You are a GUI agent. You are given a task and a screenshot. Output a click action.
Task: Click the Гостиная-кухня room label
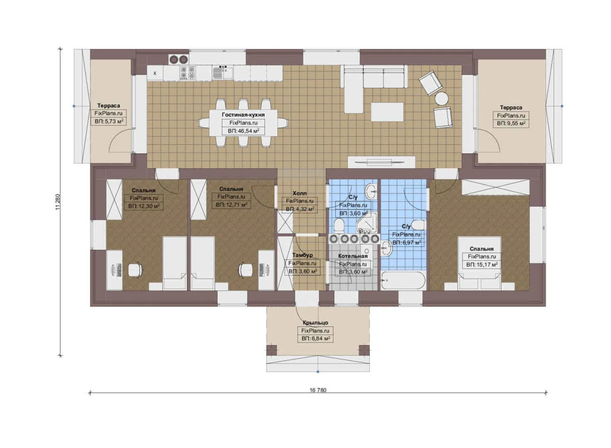pos(243,115)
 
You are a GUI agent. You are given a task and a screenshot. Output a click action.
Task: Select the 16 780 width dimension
pos(318,390)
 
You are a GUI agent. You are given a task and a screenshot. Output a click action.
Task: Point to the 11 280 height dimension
pos(58,202)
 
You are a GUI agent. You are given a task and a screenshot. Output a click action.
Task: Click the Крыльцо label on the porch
pos(315,323)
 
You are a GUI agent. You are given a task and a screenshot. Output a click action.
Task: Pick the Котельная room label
pos(353,256)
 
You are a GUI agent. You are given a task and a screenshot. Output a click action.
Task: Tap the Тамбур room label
pos(303,255)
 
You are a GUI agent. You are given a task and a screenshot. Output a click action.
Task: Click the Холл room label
pos(300,193)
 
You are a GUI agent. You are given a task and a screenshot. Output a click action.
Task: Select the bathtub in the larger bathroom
pos(403,280)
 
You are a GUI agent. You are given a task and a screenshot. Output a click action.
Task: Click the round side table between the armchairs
pos(441,99)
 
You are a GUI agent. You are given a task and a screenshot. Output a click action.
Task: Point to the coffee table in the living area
pos(387,112)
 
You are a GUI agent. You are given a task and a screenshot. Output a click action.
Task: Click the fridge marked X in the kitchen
pos(155,73)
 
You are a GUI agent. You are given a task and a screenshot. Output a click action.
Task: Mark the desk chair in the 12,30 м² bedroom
pos(136,270)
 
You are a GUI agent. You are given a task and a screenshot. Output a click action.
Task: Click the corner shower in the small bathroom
pos(367,223)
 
